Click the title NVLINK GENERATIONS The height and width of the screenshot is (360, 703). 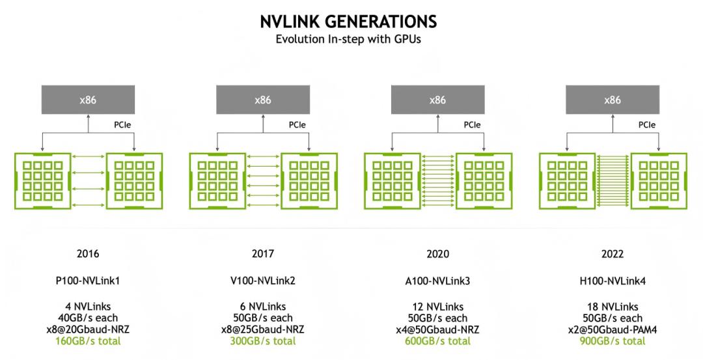click(348, 21)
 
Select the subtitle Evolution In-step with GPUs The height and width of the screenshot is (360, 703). click(348, 39)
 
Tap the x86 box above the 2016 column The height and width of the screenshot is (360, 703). click(88, 100)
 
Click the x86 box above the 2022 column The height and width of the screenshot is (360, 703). click(613, 100)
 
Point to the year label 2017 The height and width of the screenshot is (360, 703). click(263, 254)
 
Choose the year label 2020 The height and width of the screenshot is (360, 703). click(437, 254)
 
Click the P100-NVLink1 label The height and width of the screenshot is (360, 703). click(88, 281)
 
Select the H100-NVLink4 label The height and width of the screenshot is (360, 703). click(613, 281)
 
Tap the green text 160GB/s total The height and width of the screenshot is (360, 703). click(88, 340)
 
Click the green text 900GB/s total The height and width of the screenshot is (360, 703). click(613, 340)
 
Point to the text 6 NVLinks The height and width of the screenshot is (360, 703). click(263, 307)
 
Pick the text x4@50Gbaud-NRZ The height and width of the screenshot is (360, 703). click(437, 329)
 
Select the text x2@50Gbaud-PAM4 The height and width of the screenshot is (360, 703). click(613, 329)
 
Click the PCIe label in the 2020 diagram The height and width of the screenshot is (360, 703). click(472, 124)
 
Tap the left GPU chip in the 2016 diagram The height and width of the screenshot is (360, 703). click(42, 181)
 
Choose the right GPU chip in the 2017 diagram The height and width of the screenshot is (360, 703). click(309, 181)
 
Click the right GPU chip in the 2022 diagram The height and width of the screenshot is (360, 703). click(659, 181)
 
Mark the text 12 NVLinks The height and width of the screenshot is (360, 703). click(437, 307)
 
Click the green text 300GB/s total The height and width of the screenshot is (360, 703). click(263, 340)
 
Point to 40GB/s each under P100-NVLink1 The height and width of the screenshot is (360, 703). click(88, 318)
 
